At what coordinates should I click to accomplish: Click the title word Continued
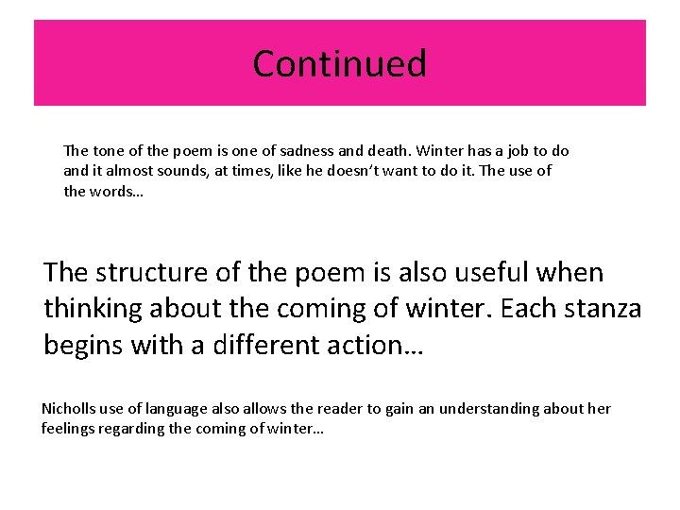[x=340, y=63]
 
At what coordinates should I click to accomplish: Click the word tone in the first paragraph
[x=101, y=151]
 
